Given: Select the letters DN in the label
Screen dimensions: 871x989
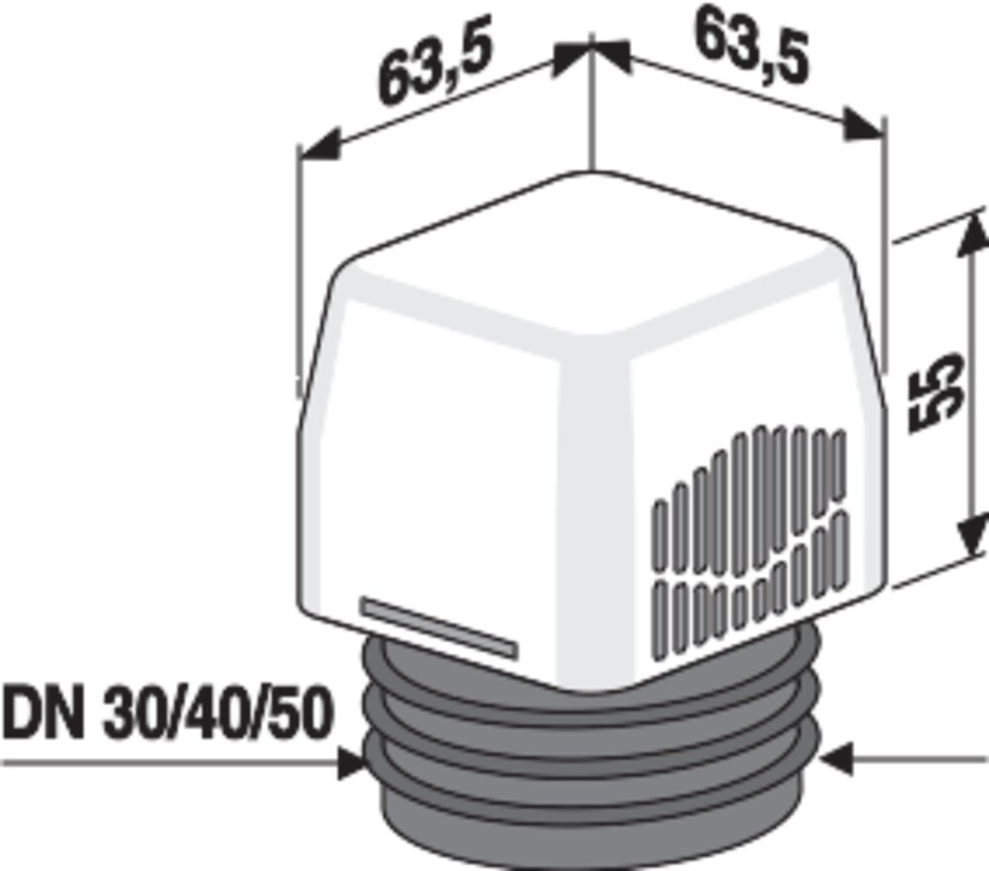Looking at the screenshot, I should tap(42, 715).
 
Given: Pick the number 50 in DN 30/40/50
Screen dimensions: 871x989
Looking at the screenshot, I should tap(295, 715).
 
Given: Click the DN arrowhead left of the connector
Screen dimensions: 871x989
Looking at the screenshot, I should tap(349, 762).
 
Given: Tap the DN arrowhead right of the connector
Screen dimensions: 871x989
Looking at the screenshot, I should tap(839, 760).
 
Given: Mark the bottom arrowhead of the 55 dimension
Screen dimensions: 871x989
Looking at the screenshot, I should tap(973, 539).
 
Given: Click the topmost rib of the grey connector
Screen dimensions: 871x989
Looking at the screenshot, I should tap(593, 683).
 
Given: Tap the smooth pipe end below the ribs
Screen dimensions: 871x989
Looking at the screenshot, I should tap(593, 836).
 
